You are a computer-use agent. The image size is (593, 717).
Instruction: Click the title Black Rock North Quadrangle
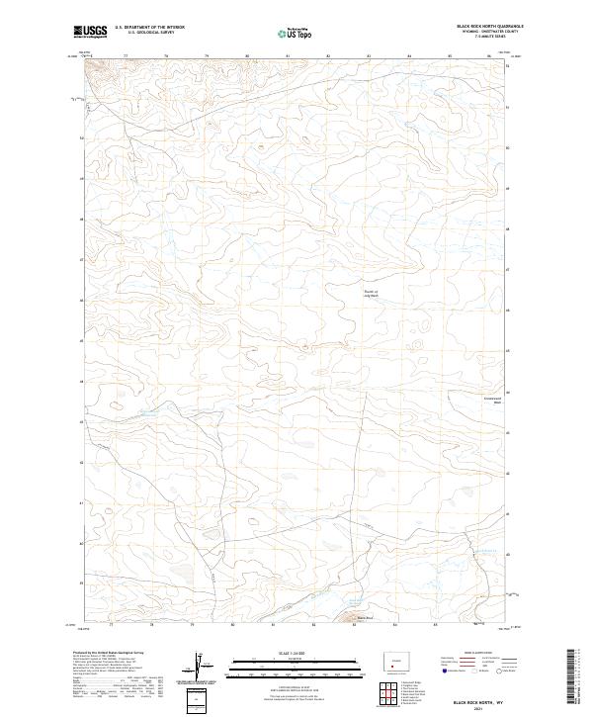[x=483, y=27]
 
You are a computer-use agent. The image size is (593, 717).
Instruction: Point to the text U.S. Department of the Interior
[x=149, y=28]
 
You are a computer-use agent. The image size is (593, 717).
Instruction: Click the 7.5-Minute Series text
[x=490, y=39]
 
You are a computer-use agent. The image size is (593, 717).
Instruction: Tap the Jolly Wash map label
[x=371, y=293]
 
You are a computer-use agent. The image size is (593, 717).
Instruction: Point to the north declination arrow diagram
[x=203, y=665]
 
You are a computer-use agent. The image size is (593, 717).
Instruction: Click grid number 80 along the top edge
[x=246, y=57]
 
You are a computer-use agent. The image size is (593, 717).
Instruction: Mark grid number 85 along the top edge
[x=450, y=57]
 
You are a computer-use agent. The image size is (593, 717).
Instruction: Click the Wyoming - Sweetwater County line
[x=483, y=33]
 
